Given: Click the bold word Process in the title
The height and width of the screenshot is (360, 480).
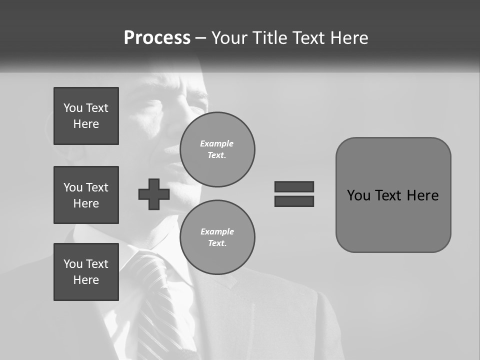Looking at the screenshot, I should [x=157, y=38].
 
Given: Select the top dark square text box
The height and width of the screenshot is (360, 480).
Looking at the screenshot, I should [x=86, y=116].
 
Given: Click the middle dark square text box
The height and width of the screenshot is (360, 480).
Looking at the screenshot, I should [x=86, y=195].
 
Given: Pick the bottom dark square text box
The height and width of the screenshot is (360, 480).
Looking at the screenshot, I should [x=86, y=272].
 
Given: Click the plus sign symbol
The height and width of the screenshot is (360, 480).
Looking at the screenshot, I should [x=154, y=194].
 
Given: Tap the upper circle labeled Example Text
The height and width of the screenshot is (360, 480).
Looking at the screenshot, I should [x=217, y=149].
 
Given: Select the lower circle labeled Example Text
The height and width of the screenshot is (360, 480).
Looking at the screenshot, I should [x=217, y=237].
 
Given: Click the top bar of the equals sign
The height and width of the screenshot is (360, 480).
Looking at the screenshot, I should [x=294, y=187].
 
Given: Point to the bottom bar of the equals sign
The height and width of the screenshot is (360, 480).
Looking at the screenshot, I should [x=294, y=201].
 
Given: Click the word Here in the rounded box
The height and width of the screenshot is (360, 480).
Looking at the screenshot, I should [x=422, y=195].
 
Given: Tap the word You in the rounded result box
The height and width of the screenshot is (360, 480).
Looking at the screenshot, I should [x=358, y=195].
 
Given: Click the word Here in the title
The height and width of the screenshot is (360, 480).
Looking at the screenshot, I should [x=350, y=38].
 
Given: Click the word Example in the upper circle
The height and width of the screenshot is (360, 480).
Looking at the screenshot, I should [x=217, y=143].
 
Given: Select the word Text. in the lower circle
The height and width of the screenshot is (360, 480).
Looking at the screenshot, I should [x=217, y=243].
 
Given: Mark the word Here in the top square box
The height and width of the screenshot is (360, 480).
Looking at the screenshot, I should [x=86, y=124].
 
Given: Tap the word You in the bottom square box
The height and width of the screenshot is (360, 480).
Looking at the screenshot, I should [x=73, y=264].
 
